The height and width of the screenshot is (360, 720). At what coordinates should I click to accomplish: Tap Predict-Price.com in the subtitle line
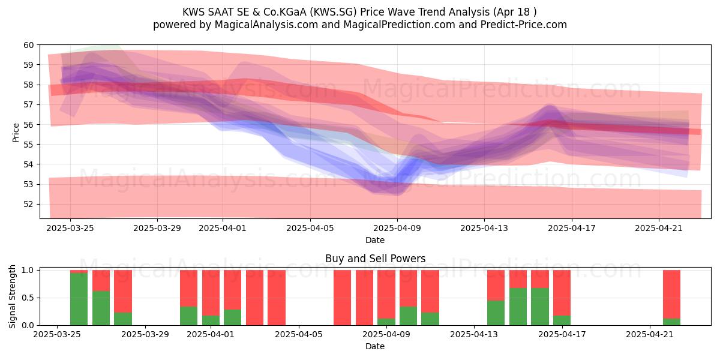click(x=524, y=25)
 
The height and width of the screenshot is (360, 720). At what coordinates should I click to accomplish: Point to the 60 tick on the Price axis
click(x=29, y=45)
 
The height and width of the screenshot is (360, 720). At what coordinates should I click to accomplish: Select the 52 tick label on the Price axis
click(x=29, y=204)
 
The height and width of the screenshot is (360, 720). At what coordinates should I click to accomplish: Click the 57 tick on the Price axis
click(x=29, y=105)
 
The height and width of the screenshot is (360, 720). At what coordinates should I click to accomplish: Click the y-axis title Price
click(x=16, y=133)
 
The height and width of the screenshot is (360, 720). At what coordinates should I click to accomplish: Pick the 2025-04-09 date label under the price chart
click(x=397, y=228)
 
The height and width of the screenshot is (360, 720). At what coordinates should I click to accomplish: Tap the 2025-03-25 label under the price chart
click(x=70, y=228)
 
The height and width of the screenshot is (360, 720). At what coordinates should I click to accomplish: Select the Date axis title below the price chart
click(x=375, y=240)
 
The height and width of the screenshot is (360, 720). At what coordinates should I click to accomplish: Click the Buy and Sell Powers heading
click(x=375, y=259)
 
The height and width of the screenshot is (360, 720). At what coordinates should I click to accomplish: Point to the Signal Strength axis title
click(x=12, y=296)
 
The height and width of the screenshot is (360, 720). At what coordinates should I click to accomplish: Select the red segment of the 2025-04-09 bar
click(x=386, y=294)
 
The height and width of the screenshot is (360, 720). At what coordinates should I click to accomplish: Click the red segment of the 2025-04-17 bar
click(x=562, y=293)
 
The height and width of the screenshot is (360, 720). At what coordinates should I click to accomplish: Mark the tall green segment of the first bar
click(x=79, y=299)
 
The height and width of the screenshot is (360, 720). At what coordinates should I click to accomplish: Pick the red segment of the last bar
click(x=672, y=294)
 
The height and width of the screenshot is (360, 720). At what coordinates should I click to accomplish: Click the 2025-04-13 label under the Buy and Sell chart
click(x=474, y=334)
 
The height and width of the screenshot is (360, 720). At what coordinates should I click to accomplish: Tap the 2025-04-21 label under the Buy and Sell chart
click(x=650, y=334)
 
